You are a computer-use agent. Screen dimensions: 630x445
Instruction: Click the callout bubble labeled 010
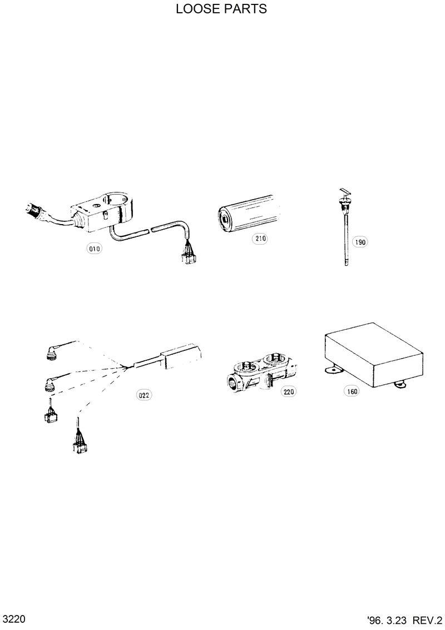95,249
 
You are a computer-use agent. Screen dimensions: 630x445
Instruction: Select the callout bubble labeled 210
260,239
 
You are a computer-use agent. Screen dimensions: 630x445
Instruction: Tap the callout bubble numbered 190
360,242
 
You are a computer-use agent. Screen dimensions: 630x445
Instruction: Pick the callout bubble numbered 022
144,395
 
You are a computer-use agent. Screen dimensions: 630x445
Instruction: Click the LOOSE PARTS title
221,9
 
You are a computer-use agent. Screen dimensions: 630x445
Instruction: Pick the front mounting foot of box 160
333,368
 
